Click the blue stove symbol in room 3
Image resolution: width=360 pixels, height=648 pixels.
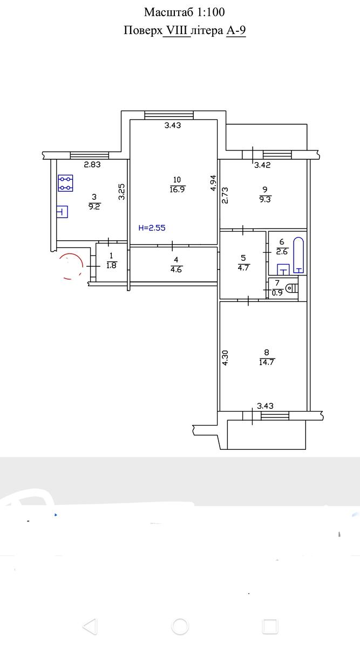[65, 183]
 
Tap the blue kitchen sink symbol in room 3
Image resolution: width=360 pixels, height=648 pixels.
[62, 212]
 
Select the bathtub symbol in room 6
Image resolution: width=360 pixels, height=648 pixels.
[298, 255]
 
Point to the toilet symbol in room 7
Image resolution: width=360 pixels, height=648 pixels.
[291, 288]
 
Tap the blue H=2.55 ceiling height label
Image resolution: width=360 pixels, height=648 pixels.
[152, 228]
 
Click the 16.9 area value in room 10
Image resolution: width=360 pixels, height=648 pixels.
[177, 190]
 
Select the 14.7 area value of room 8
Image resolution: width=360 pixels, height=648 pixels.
[267, 362]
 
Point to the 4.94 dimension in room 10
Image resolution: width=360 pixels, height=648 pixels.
[213, 183]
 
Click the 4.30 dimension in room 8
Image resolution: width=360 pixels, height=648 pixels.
[225, 357]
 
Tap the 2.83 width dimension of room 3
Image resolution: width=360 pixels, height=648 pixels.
[92, 165]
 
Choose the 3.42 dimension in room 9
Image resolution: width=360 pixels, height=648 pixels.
[262, 165]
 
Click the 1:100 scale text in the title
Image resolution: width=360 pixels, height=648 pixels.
[211, 12]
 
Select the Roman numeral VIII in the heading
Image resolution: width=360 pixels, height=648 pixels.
[176, 30]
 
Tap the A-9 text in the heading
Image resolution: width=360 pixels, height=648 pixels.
[236, 30]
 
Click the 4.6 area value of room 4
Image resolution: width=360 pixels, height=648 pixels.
[176, 269]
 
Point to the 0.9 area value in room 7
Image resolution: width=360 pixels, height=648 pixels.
[277, 293]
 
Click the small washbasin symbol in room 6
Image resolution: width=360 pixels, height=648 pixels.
[283, 269]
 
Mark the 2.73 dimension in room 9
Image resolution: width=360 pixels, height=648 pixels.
[225, 195]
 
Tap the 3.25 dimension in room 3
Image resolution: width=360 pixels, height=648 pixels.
[122, 192]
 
